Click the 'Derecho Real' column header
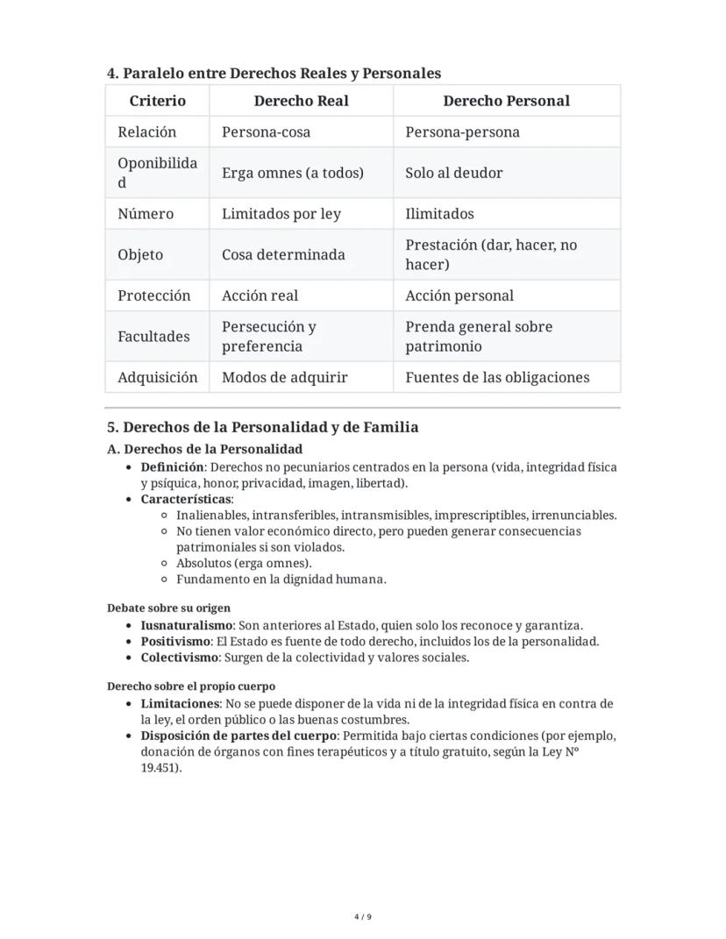click(x=301, y=101)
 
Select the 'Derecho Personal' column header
click(x=506, y=101)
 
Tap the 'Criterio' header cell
click(x=158, y=101)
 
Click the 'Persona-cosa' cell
click(x=266, y=132)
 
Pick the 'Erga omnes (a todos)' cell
click(x=292, y=173)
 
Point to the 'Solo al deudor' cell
click(x=453, y=173)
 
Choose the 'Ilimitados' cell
click(x=439, y=214)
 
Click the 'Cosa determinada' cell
click(x=283, y=255)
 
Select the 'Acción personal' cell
click(x=459, y=295)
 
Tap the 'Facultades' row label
click(x=153, y=337)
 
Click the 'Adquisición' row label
click(x=158, y=378)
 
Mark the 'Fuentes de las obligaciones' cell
click(x=497, y=378)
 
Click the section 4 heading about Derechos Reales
click(x=274, y=73)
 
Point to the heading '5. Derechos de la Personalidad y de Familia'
click(x=262, y=428)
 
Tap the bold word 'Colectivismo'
click(x=179, y=658)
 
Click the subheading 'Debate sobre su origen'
click(x=169, y=608)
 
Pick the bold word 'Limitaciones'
click(x=180, y=704)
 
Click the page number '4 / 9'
click(x=363, y=917)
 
